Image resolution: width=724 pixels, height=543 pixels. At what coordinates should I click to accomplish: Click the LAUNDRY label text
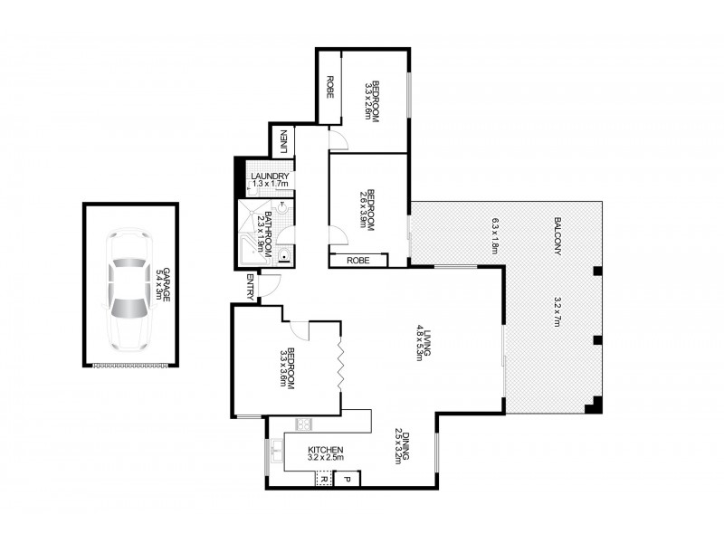coord(270,176)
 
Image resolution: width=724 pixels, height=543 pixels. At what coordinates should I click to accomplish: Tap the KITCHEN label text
coord(325,450)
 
